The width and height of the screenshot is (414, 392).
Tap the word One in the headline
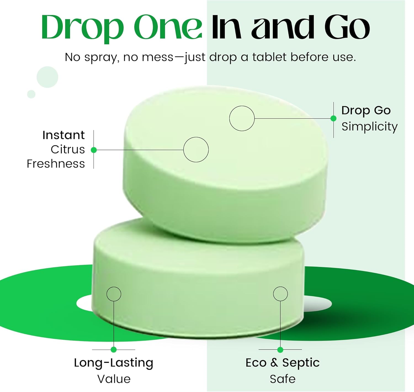pyautogui.click(x=168, y=28)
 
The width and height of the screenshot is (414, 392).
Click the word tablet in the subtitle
pyautogui.click(x=269, y=57)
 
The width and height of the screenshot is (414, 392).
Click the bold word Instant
pyautogui.click(x=63, y=135)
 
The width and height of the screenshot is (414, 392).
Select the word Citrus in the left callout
pyautogui.click(x=68, y=149)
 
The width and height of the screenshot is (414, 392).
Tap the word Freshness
pyautogui.click(x=56, y=164)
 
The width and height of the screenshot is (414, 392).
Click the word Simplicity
pyautogui.click(x=369, y=127)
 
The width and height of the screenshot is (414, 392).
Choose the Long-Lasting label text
pyautogui.click(x=113, y=363)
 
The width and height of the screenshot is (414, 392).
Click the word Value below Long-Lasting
pyautogui.click(x=114, y=379)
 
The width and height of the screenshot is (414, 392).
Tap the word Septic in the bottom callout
pyautogui.click(x=301, y=363)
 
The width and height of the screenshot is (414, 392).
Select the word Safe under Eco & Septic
pyautogui.click(x=282, y=379)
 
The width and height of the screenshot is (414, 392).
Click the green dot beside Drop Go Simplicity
pyautogui.click(x=333, y=118)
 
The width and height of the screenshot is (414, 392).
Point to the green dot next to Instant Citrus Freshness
pyautogui.click(x=94, y=150)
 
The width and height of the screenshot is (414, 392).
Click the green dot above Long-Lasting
pyautogui.click(x=114, y=350)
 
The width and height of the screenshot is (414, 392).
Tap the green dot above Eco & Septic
pyautogui.click(x=280, y=350)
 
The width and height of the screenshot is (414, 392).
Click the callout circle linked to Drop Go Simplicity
pyautogui.click(x=242, y=118)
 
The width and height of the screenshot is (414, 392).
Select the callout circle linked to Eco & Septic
pyautogui.click(x=280, y=294)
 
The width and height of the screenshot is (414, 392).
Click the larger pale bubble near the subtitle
pyautogui.click(x=47, y=77)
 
